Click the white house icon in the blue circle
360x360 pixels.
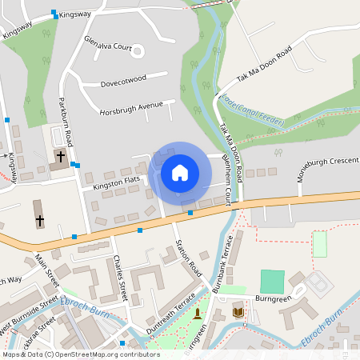coord(180,172)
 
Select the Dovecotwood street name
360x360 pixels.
coord(123,80)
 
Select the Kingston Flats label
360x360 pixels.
coord(117,185)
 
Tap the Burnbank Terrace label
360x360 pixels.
coord(220,260)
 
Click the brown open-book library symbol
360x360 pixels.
coord(236,310)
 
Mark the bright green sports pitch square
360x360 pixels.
coord(272,282)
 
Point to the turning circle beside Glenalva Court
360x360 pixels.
coord(137,51)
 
